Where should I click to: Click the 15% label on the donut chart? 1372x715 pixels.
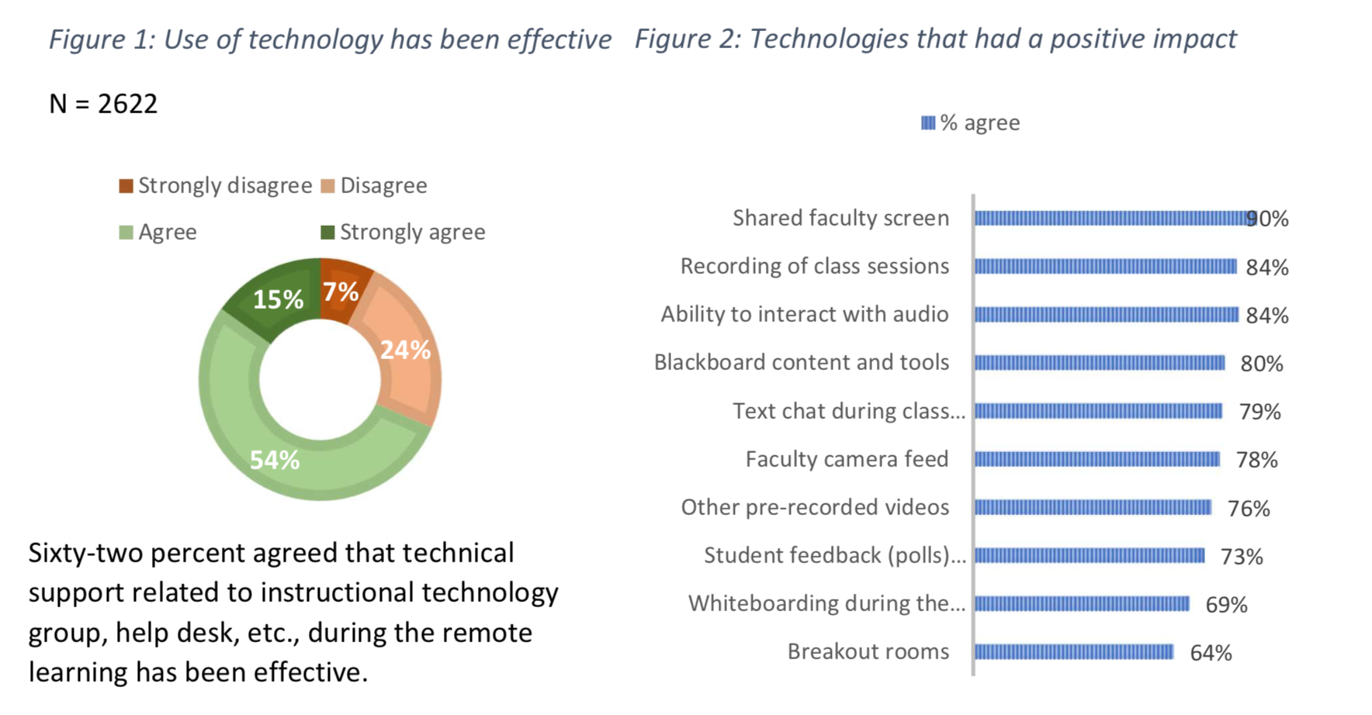[x=278, y=299]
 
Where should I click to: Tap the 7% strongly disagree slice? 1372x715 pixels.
[x=341, y=292]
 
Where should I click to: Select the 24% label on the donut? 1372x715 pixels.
[x=405, y=350]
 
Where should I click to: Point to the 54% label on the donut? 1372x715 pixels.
[x=275, y=460]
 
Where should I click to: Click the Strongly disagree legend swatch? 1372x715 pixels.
[x=126, y=186]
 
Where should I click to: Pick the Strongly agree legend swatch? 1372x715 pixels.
[x=327, y=233]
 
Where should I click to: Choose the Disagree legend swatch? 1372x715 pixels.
[x=327, y=186]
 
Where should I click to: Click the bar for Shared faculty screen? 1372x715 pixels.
[x=1110, y=219]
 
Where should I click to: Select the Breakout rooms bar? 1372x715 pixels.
[x=1074, y=652]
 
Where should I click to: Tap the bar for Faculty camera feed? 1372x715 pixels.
[x=1097, y=460]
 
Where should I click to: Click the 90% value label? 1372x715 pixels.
[x=1268, y=219]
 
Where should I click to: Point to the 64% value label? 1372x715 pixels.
[x=1211, y=653]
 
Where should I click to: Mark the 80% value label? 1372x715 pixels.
[x=1262, y=364]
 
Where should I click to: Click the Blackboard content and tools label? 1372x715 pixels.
[x=801, y=362]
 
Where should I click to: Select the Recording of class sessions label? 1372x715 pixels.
[x=814, y=266]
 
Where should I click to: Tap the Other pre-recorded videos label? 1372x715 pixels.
[x=815, y=507]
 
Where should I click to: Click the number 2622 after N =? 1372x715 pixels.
[x=128, y=104]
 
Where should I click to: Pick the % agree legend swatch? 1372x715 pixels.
[x=928, y=123]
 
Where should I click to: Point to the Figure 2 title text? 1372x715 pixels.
[x=935, y=39]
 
